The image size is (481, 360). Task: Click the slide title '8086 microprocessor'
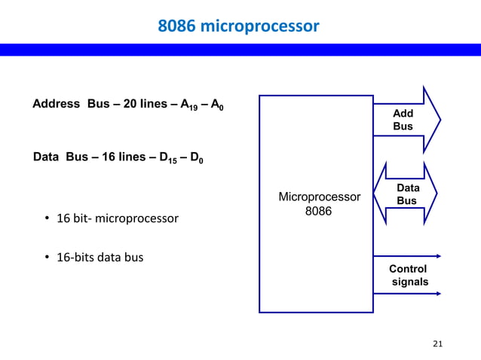tap(238, 26)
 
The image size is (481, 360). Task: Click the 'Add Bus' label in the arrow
tap(403, 120)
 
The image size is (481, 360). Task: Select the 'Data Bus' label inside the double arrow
tap(407, 194)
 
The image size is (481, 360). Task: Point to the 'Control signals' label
tap(408, 276)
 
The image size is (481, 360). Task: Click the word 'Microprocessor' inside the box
tap(319, 197)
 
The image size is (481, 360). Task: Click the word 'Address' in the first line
tap(57, 104)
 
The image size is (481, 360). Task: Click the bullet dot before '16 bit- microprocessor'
tap(47, 219)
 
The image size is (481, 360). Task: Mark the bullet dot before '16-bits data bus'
tap(47, 258)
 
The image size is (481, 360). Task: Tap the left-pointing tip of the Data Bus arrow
tap(376, 194)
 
